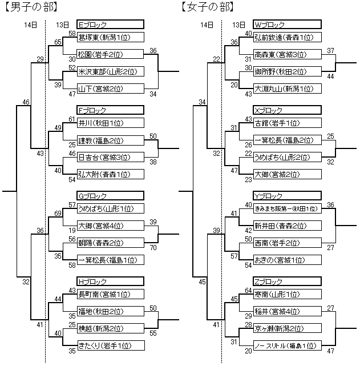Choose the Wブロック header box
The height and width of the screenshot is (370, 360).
(x=286, y=25)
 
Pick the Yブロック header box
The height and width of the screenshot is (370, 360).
(x=286, y=196)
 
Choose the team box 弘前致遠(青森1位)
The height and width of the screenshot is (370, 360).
(x=286, y=37)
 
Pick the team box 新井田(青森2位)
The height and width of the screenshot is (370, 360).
(x=286, y=226)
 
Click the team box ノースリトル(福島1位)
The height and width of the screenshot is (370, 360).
(x=286, y=345)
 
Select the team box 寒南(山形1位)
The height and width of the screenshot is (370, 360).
(x=286, y=294)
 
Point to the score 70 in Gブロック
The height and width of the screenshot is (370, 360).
(x=153, y=248)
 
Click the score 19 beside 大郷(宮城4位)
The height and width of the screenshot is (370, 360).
(x=72, y=230)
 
